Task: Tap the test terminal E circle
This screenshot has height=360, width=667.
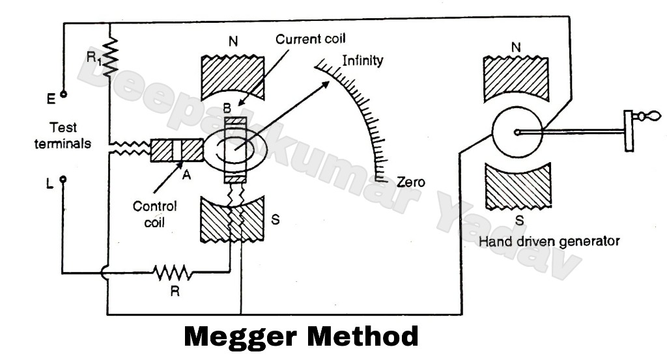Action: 63,94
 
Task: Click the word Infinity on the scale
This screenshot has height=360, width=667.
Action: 362,61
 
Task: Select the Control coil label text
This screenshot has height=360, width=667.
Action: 154,214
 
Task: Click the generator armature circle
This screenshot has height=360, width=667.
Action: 516,133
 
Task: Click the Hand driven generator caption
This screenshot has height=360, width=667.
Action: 549,242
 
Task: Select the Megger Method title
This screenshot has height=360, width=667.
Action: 302,337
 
